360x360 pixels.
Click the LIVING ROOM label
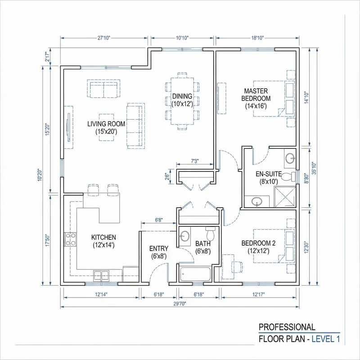pos(106,128)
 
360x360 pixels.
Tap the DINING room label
pos(182,100)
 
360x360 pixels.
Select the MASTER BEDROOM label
pos(256,99)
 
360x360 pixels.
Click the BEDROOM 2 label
pos(256,247)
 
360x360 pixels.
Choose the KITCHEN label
pos(103,241)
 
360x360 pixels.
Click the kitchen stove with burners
pos(71,238)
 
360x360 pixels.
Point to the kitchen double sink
pos(101,274)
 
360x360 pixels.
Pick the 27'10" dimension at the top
pos(104,38)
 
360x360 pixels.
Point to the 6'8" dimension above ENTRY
pos(158,220)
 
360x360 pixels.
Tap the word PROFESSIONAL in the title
pos(287,327)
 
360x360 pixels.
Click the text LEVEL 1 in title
pos(325,339)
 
